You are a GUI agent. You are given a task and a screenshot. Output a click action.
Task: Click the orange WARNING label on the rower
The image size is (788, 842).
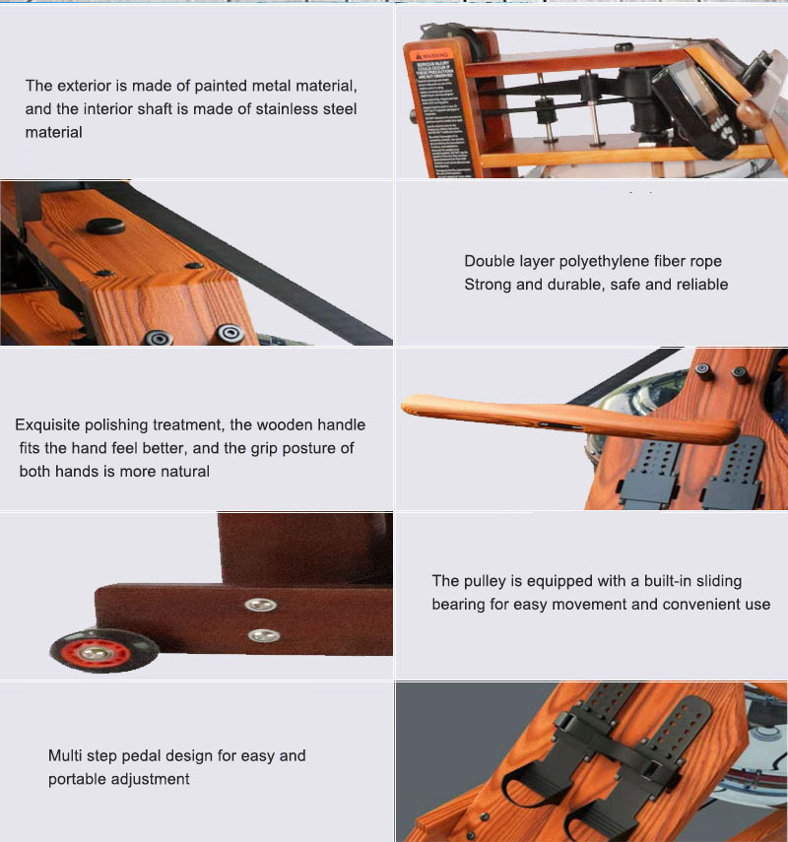coord(429,107)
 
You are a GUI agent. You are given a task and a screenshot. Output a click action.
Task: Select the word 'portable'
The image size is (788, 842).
coord(80,779)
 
